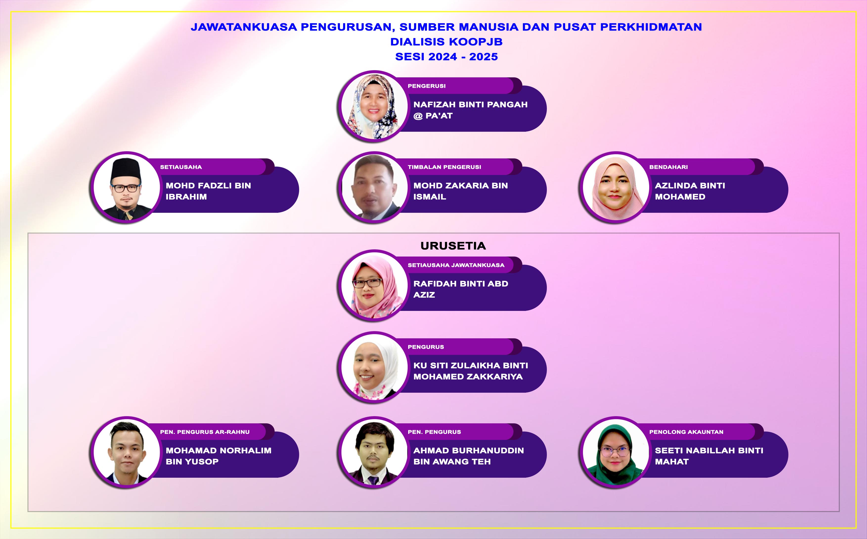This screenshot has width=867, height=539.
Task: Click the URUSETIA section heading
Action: click(453, 246)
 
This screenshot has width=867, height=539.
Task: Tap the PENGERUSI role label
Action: click(426, 86)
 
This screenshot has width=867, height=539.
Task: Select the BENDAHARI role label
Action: click(668, 167)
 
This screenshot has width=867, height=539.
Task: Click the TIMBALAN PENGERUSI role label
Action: click(444, 167)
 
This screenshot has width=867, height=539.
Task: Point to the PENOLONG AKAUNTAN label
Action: click(686, 432)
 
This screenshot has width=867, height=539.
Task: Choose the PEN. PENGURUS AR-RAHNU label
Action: click(205, 432)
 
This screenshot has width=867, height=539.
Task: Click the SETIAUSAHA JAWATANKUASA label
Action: click(456, 265)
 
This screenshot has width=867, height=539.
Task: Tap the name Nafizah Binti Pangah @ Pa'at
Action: click(470, 110)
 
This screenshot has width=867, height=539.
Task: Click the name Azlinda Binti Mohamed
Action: click(690, 191)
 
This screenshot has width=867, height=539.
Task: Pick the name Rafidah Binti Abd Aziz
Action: click(461, 289)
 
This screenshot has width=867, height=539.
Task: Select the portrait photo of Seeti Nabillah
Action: click(615, 452)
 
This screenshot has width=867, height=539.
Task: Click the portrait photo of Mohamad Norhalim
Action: click(126, 452)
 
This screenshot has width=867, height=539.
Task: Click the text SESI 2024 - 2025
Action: click(446, 57)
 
